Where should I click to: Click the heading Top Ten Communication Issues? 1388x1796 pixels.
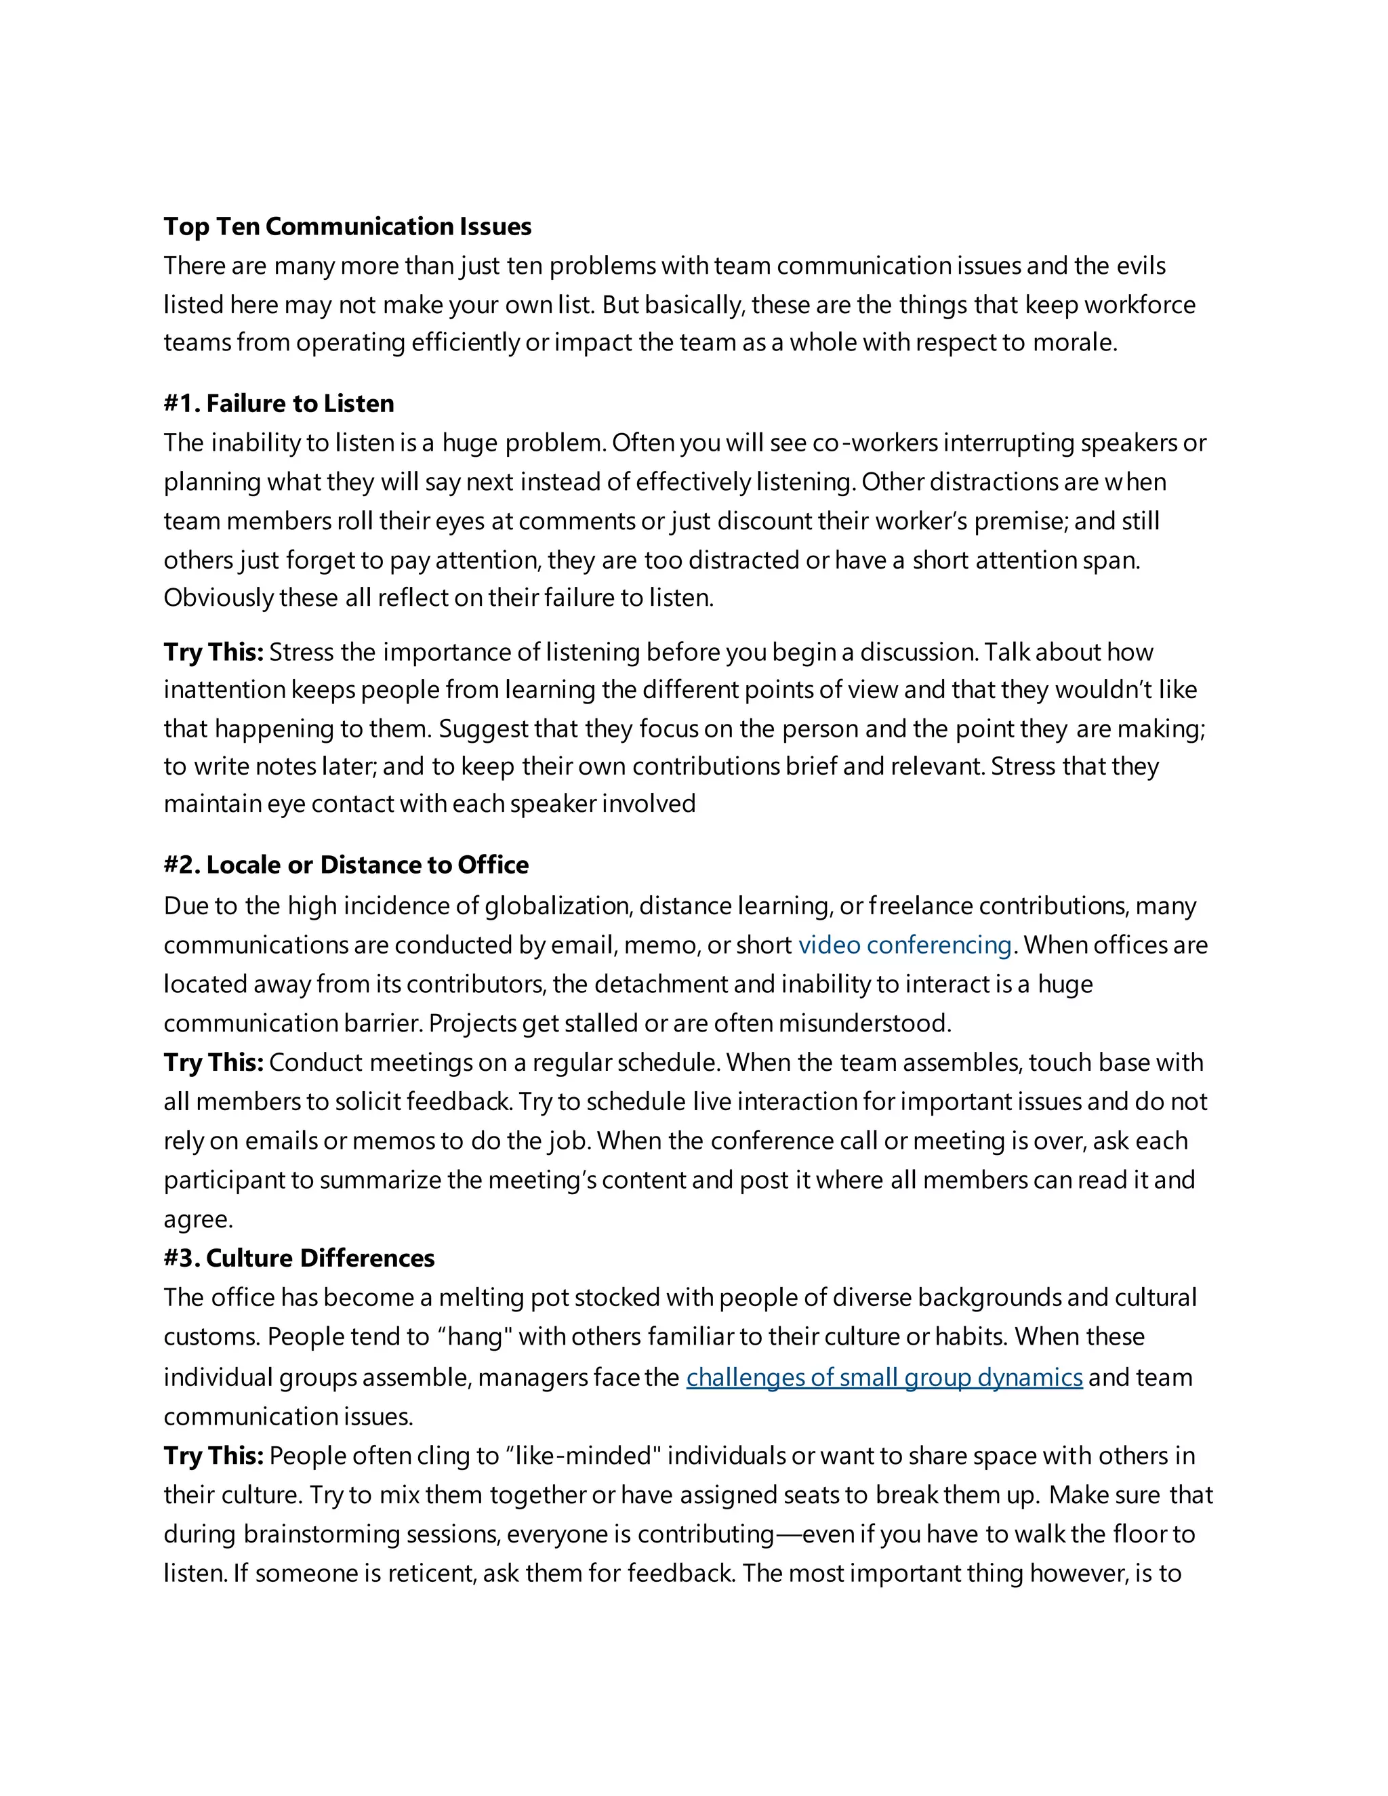pos(347,226)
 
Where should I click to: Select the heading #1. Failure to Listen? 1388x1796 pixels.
pos(279,403)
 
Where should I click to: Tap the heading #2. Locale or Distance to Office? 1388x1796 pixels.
pos(346,864)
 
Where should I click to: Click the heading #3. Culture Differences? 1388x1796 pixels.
pos(298,1257)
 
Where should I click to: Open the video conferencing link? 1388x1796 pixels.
pos(905,944)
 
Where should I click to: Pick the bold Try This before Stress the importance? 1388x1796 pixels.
pos(213,652)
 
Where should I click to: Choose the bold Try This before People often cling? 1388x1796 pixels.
pos(213,1456)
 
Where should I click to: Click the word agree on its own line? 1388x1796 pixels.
pos(197,1219)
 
